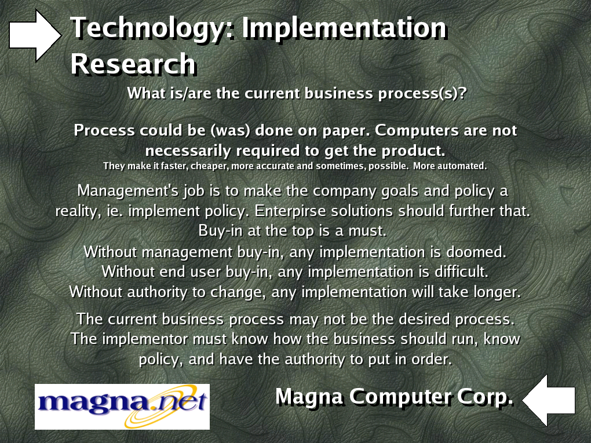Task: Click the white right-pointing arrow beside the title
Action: tap(35, 35)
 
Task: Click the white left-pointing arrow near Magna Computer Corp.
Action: tap(549, 400)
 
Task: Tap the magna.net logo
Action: tap(122, 407)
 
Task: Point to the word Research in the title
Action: tap(133, 64)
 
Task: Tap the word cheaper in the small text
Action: tap(210, 166)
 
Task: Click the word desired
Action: tap(424, 319)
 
